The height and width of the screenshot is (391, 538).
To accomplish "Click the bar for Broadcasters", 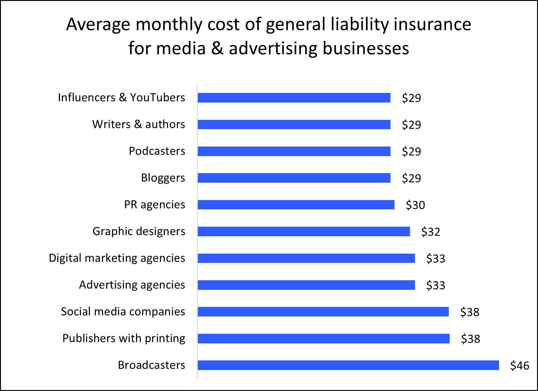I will coord(348,365).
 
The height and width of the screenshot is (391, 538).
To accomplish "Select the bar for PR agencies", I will coord(296,205).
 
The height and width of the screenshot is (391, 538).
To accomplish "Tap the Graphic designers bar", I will coord(304,232).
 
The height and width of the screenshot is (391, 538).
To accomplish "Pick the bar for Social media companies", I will coord(323,312).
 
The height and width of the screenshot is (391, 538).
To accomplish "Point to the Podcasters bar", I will coord(294,151).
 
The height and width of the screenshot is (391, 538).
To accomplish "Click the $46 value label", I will coord(520,366).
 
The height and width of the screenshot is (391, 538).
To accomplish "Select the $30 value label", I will coord(415,205).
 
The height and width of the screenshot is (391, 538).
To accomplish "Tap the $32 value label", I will coord(430,232).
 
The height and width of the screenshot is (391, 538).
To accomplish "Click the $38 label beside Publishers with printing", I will coord(470,339).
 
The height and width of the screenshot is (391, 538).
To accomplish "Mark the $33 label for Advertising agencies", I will coord(435,285).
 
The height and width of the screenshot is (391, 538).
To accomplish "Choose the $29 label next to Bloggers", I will coord(411,178).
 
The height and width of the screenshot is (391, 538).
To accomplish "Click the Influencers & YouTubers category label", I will coord(121,98).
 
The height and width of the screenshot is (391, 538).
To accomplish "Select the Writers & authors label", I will coord(138,124).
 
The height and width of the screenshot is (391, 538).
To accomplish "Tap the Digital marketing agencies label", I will coord(117,258).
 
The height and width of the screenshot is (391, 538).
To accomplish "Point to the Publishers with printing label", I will coord(124,338).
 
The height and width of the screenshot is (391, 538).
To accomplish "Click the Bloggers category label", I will coord(163,178).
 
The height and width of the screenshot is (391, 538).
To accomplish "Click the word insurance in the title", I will coord(432,24).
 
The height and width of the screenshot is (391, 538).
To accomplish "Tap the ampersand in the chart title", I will coord(217,48).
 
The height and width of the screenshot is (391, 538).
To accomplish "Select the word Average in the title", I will coord(98,25).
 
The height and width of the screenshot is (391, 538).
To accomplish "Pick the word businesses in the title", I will coord(366,48).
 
